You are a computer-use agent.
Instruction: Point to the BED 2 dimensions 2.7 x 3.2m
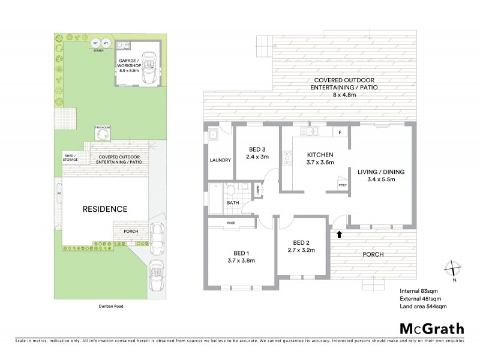click(301, 250)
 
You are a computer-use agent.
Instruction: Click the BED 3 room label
click(257, 151)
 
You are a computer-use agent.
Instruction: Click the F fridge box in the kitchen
click(340, 131)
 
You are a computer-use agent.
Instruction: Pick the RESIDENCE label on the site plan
click(105, 209)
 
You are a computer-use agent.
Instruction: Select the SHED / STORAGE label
click(71, 158)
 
